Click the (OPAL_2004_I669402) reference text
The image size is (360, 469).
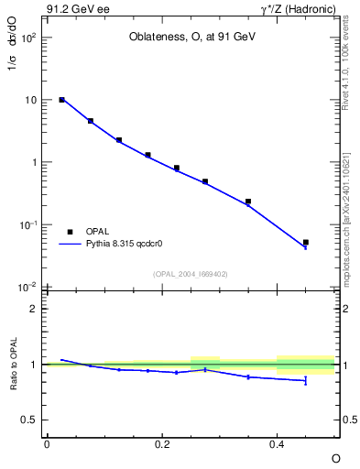point(191,273)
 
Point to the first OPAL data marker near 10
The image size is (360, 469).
point(61,100)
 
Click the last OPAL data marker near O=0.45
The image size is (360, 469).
point(305,243)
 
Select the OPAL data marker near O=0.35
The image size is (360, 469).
point(248,202)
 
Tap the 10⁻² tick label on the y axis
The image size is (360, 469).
point(27,288)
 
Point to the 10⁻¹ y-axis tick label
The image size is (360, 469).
point(27,225)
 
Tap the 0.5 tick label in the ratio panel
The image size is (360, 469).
point(30,420)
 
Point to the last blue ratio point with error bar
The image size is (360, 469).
point(305,380)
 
